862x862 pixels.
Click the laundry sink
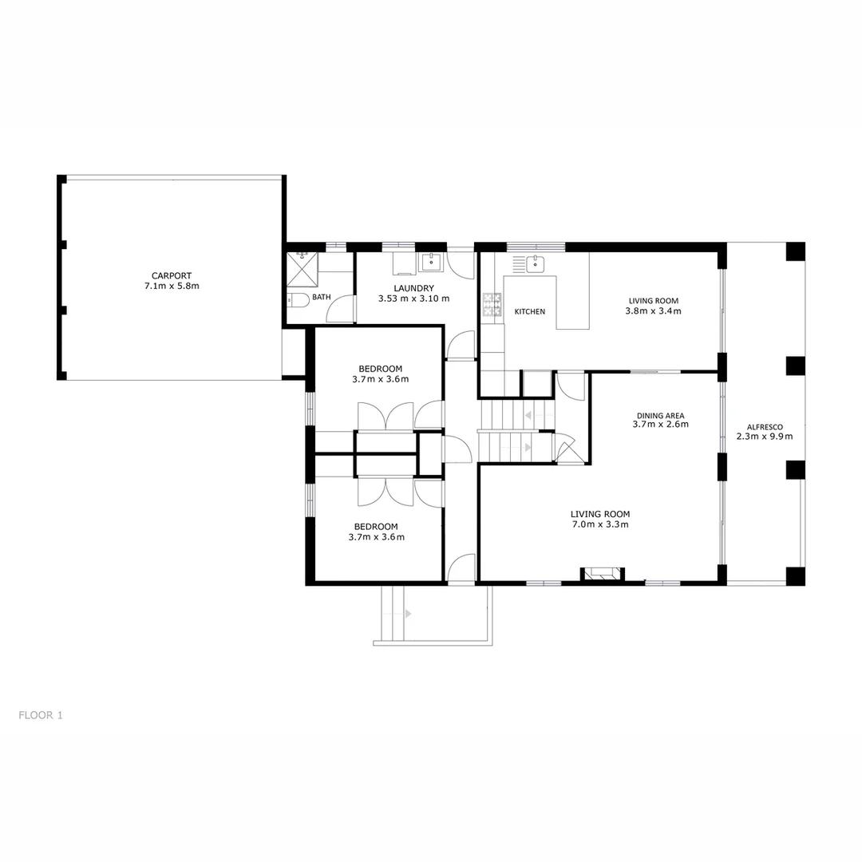(x=432, y=261)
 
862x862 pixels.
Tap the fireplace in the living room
(x=601, y=572)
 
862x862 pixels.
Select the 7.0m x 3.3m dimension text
(x=600, y=525)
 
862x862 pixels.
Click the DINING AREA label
(x=660, y=415)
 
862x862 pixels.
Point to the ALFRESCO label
(x=764, y=426)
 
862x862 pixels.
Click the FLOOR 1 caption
(x=41, y=715)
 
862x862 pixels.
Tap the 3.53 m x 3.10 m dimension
(x=413, y=299)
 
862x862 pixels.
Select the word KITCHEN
(x=529, y=311)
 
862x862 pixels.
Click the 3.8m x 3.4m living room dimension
(x=653, y=311)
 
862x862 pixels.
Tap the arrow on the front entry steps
(x=407, y=614)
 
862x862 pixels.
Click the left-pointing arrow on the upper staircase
(x=528, y=415)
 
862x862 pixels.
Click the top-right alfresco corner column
(x=795, y=251)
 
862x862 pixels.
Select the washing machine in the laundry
(x=404, y=263)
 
